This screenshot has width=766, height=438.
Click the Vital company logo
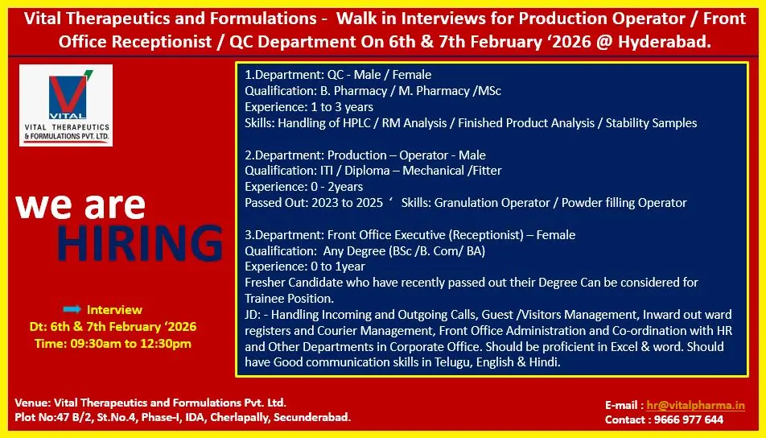tap(66, 105)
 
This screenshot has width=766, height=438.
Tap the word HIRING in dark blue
tap(140, 243)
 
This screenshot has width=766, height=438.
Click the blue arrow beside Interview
tap(72, 309)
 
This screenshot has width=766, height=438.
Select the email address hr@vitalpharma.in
tap(696, 405)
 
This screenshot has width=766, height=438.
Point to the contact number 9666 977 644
tap(688, 419)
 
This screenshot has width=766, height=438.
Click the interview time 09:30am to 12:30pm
tap(131, 344)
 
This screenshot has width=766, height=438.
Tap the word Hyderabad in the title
tap(665, 42)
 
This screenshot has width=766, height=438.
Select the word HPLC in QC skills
tap(347, 122)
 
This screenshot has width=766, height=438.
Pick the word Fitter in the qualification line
tap(487, 171)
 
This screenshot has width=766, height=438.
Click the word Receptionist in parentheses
tap(487, 235)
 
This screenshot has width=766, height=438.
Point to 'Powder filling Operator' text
tap(624, 203)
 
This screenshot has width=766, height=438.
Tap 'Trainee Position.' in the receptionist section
tap(289, 298)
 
